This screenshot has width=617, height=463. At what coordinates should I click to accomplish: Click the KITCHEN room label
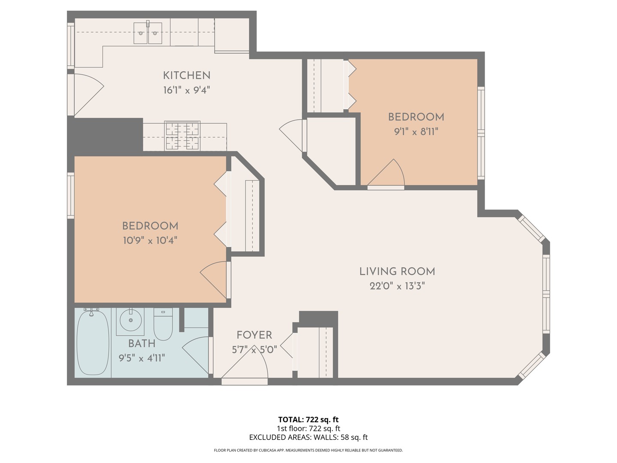tap(186, 75)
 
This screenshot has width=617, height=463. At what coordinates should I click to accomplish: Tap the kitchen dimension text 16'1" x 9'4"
tap(186, 90)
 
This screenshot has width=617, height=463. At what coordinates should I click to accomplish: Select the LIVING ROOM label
tap(397, 271)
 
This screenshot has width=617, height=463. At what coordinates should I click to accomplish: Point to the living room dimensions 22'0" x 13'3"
tap(397, 286)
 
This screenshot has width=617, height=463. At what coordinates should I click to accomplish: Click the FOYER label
tap(254, 335)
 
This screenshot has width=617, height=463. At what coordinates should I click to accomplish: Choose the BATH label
tap(141, 343)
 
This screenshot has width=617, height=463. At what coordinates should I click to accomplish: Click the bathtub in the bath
tap(93, 343)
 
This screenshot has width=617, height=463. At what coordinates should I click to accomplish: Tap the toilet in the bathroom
tap(163, 325)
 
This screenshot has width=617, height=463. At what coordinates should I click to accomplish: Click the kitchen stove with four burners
tap(183, 136)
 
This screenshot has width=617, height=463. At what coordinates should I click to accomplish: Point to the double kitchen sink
tap(148, 33)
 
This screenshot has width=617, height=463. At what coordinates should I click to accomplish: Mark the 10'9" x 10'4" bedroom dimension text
tap(150, 241)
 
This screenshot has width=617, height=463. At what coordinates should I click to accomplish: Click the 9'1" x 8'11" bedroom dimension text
tap(416, 132)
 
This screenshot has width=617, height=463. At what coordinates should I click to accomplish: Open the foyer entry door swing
tap(245, 369)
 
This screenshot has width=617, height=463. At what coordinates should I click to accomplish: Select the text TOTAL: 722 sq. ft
tap(308, 420)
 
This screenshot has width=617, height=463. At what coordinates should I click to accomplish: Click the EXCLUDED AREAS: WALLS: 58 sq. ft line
tap(308, 437)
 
